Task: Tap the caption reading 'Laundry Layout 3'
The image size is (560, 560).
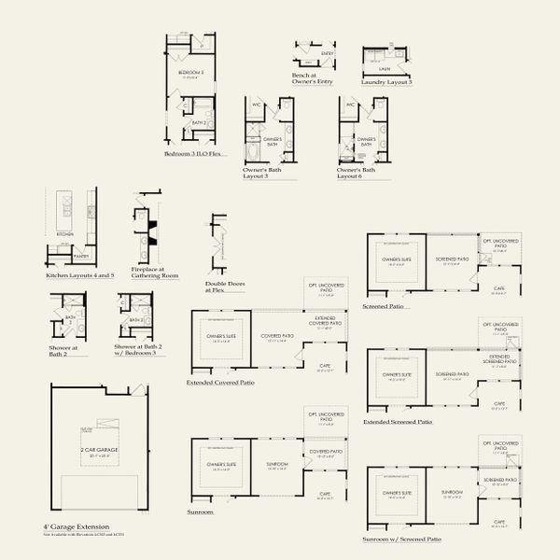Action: coord(386,82)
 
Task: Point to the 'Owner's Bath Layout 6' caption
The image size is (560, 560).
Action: coord(356,174)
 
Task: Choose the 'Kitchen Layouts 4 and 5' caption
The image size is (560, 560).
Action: coord(79,275)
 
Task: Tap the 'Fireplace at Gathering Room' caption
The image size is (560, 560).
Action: coord(154,273)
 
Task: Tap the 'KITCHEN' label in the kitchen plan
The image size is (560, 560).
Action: coord(65,234)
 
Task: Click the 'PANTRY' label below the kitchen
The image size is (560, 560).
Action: coord(81,255)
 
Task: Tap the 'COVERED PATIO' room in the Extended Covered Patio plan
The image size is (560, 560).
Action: coord(277,336)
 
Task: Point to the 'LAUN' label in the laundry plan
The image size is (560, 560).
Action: coord(385,68)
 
